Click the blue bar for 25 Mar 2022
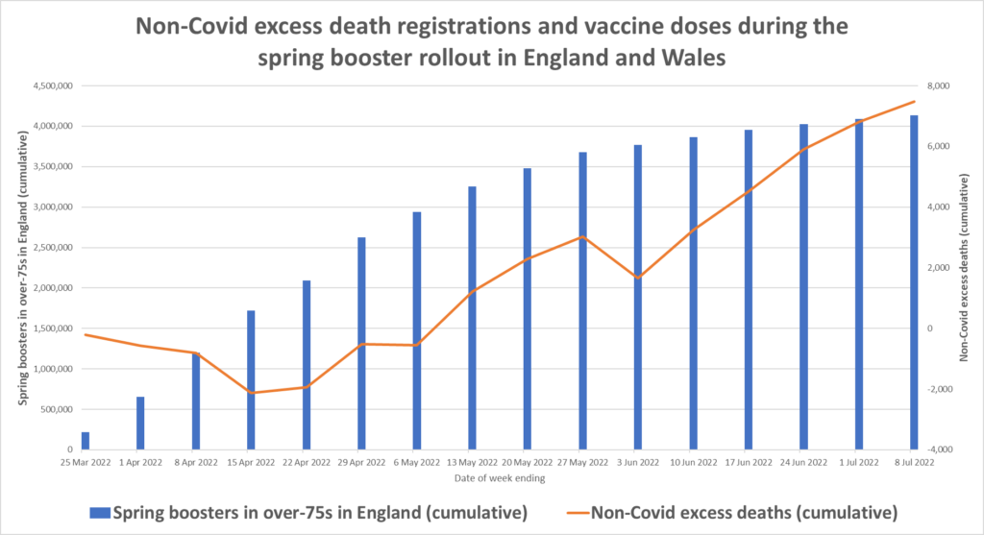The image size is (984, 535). click(86, 441)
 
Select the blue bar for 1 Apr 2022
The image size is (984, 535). click(140, 423)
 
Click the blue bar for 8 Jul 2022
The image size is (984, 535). click(914, 282)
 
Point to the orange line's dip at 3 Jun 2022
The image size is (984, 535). click(638, 278)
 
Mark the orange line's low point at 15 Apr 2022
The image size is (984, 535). click(251, 393)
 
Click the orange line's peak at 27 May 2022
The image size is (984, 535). click(582, 236)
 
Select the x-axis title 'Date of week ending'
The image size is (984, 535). click(499, 477)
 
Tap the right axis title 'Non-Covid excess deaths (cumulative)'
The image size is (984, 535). click(964, 267)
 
